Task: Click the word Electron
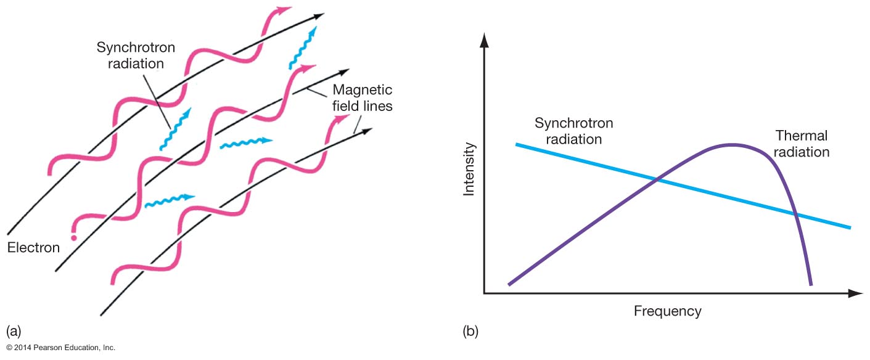(x=33, y=248)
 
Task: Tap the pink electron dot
(x=75, y=237)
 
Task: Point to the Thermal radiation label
(x=802, y=143)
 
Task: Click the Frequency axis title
(x=667, y=311)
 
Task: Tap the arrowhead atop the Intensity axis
(x=484, y=39)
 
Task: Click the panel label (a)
(x=13, y=332)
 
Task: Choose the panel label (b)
(x=470, y=332)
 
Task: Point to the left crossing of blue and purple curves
(x=656, y=179)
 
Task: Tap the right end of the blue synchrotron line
(x=850, y=227)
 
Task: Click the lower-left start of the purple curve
(x=510, y=284)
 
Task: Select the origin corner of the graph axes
(x=485, y=293)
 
